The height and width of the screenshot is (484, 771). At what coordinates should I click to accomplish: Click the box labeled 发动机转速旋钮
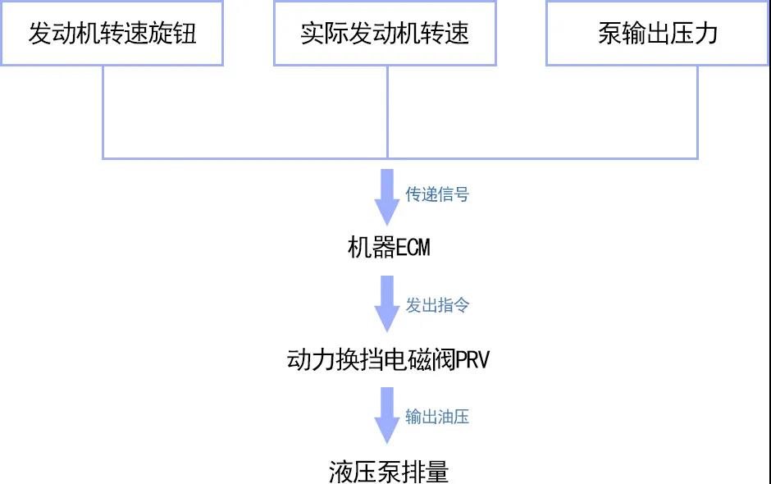(x=112, y=34)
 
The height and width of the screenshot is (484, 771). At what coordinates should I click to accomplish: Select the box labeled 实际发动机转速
(x=385, y=34)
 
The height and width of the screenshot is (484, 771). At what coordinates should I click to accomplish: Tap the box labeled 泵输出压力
(x=658, y=34)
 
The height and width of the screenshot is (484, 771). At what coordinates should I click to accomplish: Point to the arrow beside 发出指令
(x=387, y=304)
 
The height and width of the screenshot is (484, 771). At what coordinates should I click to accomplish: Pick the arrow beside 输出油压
(x=387, y=416)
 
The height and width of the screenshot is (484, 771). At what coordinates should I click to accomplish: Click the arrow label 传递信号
(x=437, y=194)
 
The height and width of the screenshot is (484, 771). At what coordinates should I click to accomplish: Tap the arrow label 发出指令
(x=437, y=305)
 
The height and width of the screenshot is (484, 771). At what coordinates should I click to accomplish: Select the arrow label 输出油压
(x=437, y=417)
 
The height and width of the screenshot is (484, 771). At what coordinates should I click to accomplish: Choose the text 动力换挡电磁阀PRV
(x=388, y=359)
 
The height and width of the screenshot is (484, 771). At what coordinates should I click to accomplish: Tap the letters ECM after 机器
(x=413, y=248)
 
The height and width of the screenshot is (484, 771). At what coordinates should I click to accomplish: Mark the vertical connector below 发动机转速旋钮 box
(x=103, y=112)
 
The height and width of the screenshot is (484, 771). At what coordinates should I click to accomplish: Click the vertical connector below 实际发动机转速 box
(x=387, y=112)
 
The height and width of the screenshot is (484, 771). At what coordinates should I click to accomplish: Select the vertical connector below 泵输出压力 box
(x=697, y=112)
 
